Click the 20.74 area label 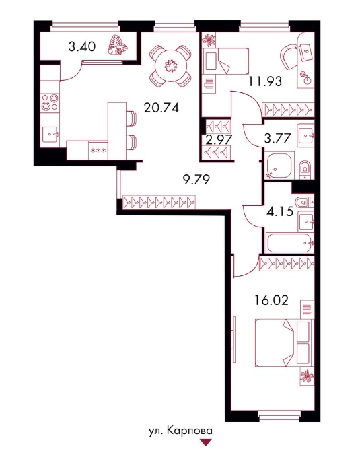click(161, 108)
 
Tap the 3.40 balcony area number click(82, 46)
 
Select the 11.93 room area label click(265, 81)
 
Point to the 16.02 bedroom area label click(271, 300)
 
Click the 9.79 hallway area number click(196, 180)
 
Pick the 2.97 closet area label click(219, 139)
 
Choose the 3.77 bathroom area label click(277, 138)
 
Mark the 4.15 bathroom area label click(280, 211)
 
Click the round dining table click(170, 66)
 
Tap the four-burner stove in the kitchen click(50, 102)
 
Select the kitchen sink click(50, 135)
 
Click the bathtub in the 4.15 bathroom click(290, 242)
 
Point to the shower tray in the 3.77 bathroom click(280, 166)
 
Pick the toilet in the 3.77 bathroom click(305, 168)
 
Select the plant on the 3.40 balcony click(118, 44)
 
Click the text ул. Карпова click(180, 431)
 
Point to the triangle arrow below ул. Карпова click(207, 442)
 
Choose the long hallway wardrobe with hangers click(159, 201)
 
